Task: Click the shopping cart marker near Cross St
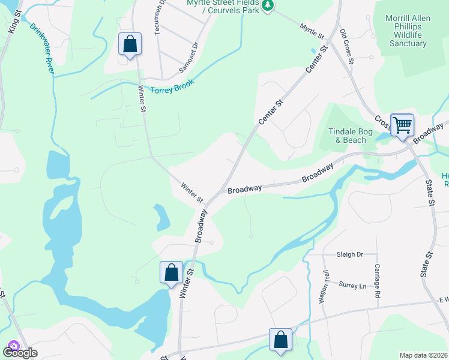click(x=402, y=125)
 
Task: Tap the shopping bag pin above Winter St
click(x=130, y=44)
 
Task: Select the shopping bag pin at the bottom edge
click(x=280, y=340)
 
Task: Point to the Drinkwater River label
click(x=42, y=49)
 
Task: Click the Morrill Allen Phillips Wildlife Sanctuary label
click(x=408, y=31)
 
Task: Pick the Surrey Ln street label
click(x=352, y=286)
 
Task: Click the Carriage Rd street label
click(x=378, y=281)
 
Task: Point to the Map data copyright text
click(x=424, y=355)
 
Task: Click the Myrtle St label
click(x=312, y=29)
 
